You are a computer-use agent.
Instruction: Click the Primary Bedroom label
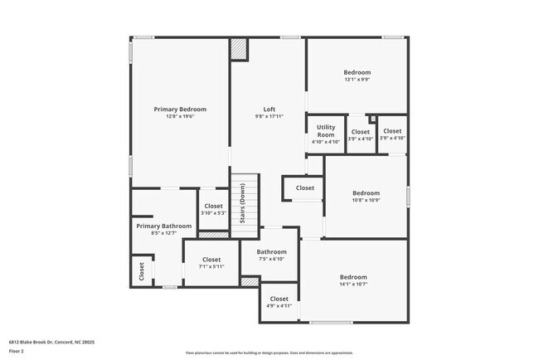pyautogui.click(x=180, y=109)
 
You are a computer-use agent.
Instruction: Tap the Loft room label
pyautogui.click(x=269, y=109)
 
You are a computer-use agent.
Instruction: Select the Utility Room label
pyautogui.click(x=325, y=130)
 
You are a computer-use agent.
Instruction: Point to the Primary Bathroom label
pyautogui.click(x=163, y=226)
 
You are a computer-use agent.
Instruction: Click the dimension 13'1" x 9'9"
pyautogui.click(x=357, y=80)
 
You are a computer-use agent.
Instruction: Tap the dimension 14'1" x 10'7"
pyautogui.click(x=353, y=285)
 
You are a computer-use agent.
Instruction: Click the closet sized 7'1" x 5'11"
pyautogui.click(x=211, y=262)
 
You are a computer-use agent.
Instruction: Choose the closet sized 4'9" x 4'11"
pyautogui.click(x=279, y=303)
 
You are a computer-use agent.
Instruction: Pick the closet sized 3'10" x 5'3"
pyautogui.click(x=213, y=209)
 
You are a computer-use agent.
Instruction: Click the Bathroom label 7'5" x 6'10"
pyautogui.click(x=271, y=255)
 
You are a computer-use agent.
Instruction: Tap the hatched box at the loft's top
pyautogui.click(x=239, y=49)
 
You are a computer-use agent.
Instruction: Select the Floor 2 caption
pyautogui.click(x=17, y=351)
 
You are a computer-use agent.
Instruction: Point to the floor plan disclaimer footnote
pyautogui.click(x=269, y=353)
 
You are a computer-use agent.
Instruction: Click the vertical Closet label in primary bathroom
pyautogui.click(x=141, y=270)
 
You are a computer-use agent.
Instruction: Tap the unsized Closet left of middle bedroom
pyautogui.click(x=304, y=188)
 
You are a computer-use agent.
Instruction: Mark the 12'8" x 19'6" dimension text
pyautogui.click(x=180, y=117)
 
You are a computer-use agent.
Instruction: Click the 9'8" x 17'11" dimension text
pyautogui.click(x=269, y=117)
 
